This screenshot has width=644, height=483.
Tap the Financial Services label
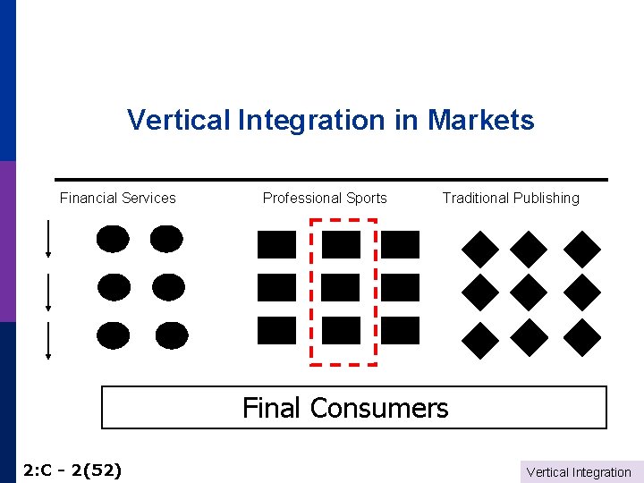(118, 198)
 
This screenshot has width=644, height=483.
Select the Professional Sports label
(325, 198)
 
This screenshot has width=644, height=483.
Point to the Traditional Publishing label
(511, 198)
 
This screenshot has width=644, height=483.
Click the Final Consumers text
(345, 408)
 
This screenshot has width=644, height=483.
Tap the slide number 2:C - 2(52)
(72, 470)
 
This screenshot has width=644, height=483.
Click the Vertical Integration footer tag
(579, 472)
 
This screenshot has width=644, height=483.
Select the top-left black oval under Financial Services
(113, 239)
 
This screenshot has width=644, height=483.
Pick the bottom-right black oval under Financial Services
(172, 335)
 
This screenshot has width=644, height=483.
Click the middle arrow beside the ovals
(47, 289)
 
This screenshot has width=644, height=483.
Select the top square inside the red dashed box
(341, 244)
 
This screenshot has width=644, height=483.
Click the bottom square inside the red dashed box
(341, 330)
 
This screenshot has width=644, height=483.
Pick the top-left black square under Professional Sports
(275, 244)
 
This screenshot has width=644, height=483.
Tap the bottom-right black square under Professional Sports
(400, 330)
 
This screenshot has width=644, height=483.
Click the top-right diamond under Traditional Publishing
(583, 249)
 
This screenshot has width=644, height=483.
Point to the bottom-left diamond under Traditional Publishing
(480, 338)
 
